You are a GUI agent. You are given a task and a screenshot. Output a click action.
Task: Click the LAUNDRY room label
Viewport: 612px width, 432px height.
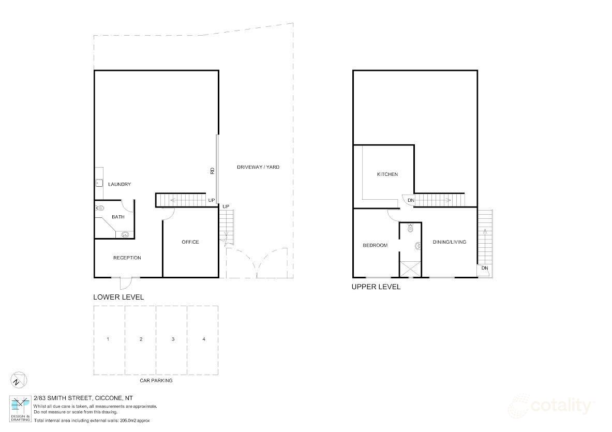pos(119,184)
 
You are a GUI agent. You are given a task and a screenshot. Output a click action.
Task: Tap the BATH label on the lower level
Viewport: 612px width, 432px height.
pos(118,217)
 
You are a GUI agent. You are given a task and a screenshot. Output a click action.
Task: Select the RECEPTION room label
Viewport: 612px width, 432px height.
pos(127,258)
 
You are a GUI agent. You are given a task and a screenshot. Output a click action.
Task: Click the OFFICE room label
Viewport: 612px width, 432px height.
pos(190,242)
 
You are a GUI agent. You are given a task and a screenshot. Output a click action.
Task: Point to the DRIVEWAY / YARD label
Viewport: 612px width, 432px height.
pos(258,167)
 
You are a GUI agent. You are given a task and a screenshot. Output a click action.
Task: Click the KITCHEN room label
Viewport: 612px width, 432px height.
pos(387,174)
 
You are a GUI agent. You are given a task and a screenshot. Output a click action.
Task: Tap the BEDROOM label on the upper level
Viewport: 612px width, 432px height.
pos(375,245)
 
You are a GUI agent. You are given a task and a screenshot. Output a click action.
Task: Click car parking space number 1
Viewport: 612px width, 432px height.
pos(108,339)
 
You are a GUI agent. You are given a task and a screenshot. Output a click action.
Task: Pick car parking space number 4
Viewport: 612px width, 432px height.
pos(204,339)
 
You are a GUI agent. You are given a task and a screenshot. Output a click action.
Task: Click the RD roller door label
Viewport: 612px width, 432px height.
pos(212,171)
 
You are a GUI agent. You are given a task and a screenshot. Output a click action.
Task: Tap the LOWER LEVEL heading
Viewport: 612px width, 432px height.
pos(118,297)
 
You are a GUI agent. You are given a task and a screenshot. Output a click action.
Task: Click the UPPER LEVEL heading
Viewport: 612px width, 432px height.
pos(376,287)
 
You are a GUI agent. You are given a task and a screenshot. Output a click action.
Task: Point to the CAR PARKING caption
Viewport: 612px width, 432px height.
pos(156,380)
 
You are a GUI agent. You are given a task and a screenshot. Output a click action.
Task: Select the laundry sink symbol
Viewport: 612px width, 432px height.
pos(98,182)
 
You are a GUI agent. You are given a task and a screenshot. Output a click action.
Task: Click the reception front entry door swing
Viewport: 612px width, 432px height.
pos(126,284)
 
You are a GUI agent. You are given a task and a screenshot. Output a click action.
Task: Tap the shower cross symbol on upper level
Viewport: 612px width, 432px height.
pos(410,268)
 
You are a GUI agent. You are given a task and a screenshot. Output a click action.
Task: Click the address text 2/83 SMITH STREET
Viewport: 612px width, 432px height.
pos(63,398)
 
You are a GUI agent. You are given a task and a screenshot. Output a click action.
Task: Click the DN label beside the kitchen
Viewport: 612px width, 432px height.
pos(410,200)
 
